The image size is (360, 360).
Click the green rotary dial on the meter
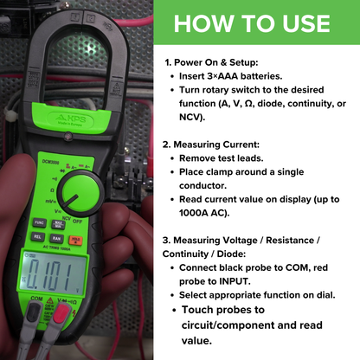point(80,193)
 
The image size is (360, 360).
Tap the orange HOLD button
point(75,240)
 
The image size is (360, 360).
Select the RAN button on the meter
point(56,238)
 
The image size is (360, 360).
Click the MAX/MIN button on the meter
point(58,224)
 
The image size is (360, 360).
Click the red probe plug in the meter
point(61,314)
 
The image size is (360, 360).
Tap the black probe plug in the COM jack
point(35,312)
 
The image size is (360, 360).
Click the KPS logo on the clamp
point(71,119)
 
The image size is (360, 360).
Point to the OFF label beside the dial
point(78,222)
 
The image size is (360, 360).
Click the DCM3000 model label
point(50,163)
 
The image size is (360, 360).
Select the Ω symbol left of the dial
point(52,190)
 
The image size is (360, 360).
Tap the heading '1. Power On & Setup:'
point(211,62)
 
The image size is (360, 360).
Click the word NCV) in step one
point(192,117)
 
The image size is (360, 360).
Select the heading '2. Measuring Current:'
point(211,145)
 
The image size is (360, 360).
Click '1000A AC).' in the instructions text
point(204,213)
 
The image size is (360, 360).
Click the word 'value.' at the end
point(196,341)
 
